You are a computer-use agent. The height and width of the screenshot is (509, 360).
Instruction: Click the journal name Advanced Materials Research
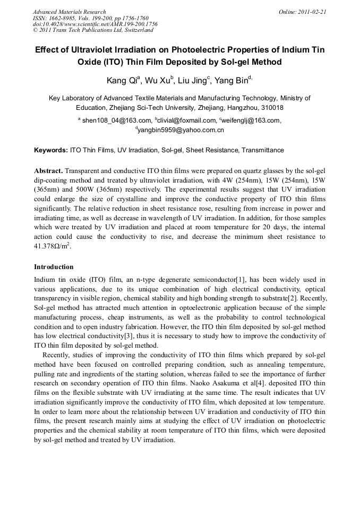coord(69,12)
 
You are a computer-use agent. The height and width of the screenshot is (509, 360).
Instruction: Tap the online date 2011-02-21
coord(309,12)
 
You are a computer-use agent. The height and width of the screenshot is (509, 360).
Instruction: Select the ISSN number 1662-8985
coord(65,18)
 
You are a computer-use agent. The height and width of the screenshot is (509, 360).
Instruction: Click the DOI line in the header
coord(95,24)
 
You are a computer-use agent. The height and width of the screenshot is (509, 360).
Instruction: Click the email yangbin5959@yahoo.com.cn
coord(180,130)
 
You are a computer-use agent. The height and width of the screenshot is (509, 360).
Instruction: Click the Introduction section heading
coord(54,266)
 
